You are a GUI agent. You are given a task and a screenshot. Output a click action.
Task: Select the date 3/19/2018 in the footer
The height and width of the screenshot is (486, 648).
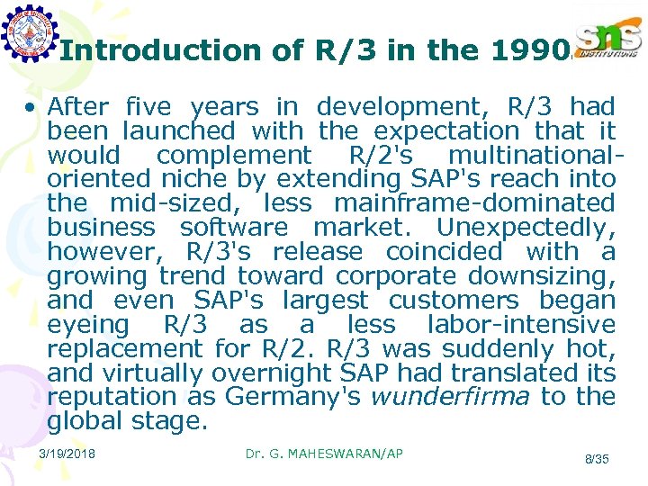(x=68, y=454)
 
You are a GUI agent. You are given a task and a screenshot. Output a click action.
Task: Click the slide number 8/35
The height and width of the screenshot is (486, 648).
(x=597, y=459)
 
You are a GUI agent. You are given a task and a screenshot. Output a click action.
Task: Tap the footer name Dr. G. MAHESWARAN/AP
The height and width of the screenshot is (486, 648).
(x=324, y=454)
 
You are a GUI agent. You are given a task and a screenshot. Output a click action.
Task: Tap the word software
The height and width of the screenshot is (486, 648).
(x=234, y=228)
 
